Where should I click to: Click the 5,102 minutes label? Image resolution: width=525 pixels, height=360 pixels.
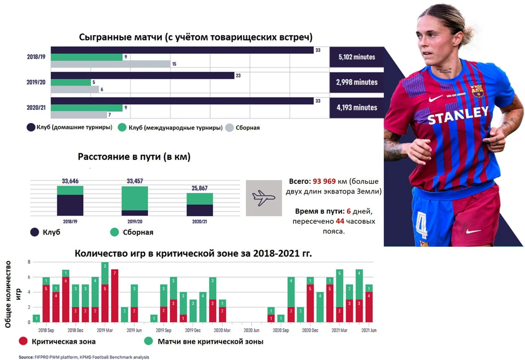[356, 57]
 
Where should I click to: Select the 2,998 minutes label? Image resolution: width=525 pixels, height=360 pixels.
[356, 82]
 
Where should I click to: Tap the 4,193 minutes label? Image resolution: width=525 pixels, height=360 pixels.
[356, 107]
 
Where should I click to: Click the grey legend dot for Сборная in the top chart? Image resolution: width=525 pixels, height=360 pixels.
[229, 128]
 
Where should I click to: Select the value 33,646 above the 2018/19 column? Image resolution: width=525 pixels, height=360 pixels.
[70, 181]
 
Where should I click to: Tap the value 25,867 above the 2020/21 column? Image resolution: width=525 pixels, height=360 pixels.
[200, 188]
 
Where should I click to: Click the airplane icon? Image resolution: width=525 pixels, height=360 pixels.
[264, 198]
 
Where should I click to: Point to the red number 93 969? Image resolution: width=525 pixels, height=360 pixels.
[324, 181]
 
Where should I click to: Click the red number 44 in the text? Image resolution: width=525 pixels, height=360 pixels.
[340, 221]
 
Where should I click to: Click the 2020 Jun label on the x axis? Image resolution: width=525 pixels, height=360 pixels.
[251, 330]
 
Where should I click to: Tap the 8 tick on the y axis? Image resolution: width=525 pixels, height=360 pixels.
[29, 262]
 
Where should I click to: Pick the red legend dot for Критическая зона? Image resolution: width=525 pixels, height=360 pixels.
[23, 341]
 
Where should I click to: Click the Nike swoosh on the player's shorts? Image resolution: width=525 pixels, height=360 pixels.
[473, 231]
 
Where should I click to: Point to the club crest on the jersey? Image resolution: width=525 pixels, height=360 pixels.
[477, 91]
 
